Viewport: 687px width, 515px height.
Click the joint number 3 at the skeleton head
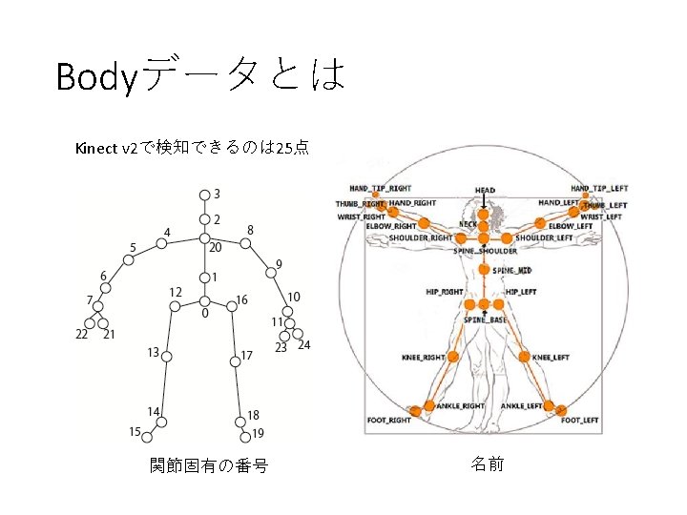coord(217,194)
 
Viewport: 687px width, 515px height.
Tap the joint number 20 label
coord(216,247)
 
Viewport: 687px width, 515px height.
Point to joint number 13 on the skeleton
coord(153,353)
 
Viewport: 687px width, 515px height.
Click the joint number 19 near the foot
coord(258,435)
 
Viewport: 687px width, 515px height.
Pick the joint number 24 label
coord(303,345)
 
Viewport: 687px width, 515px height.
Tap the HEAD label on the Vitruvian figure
coord(485,191)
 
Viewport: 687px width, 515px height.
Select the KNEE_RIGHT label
coord(423,358)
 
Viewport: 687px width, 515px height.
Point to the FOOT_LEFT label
coord(579,420)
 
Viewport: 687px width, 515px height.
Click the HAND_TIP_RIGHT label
coord(381,189)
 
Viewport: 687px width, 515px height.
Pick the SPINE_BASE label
coord(486,320)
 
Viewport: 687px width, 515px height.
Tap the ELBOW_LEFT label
coord(571,226)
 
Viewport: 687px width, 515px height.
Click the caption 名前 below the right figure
coord(488,464)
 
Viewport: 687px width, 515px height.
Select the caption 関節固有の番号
coord(208,466)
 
